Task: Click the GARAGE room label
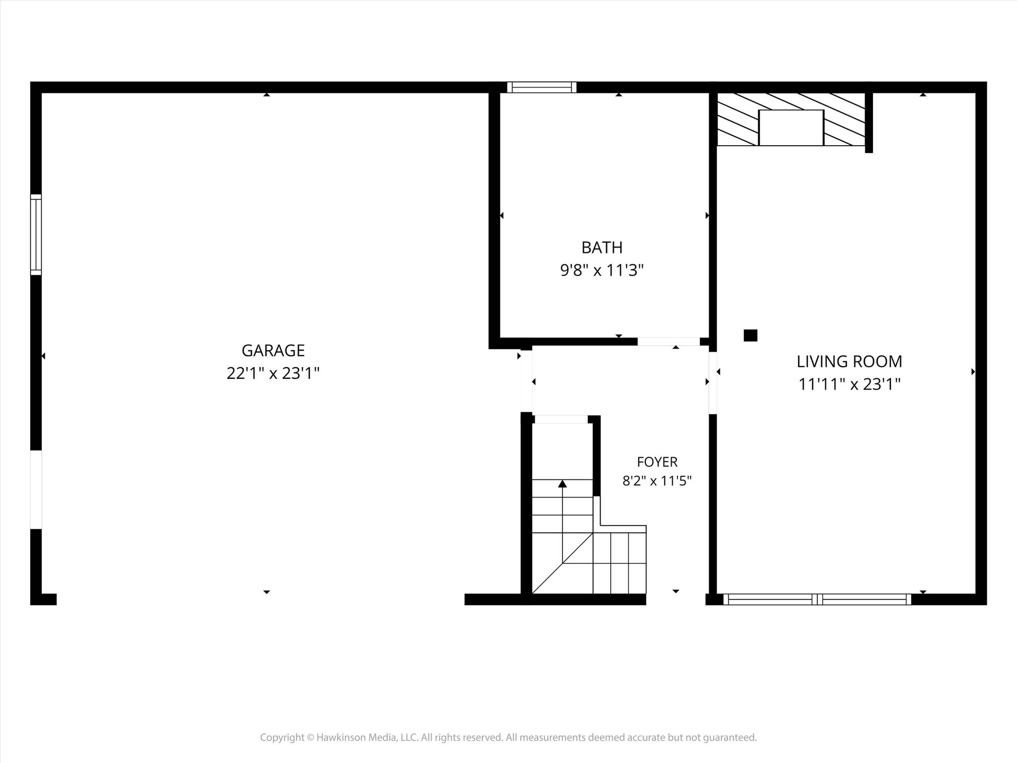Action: point(273,350)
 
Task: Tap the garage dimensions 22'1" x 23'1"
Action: point(273,374)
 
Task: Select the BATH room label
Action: point(602,247)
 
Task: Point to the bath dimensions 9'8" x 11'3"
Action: point(602,271)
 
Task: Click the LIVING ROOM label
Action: point(849,361)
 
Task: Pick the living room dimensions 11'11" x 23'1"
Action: point(849,384)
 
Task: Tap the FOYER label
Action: point(657,462)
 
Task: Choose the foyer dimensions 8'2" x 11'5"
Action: point(657,481)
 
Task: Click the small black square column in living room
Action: point(751,335)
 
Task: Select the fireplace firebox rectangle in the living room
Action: point(791,128)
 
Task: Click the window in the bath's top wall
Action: point(541,87)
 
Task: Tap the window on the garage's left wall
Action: point(35,235)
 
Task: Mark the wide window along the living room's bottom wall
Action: point(817,599)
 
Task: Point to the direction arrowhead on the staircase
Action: point(563,484)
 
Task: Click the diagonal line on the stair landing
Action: point(563,563)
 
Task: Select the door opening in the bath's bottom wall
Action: point(668,342)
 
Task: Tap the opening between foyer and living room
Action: point(713,383)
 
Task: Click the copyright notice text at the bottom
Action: point(508,738)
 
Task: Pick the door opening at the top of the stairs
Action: point(561,420)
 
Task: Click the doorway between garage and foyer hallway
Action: point(527,381)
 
